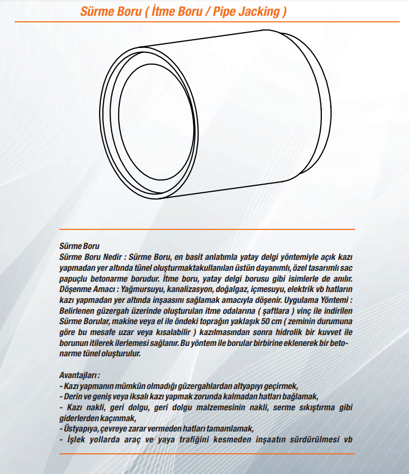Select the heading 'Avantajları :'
point(80,376)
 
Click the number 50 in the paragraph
point(274,321)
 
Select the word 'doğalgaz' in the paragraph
point(235,289)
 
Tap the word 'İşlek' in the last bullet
point(76,440)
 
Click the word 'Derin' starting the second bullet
point(75,397)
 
